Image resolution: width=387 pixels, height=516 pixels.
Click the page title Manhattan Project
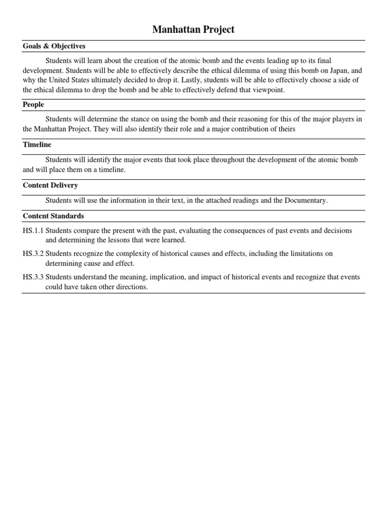193,30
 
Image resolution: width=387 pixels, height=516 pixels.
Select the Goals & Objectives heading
54,46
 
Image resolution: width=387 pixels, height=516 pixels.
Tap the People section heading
33,104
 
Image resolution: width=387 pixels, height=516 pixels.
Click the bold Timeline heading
37,145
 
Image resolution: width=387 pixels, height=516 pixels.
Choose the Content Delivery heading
50,185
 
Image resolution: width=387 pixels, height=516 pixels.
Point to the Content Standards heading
53,216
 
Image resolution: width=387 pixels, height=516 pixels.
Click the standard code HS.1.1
33,231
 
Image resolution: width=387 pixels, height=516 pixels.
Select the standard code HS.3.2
33,253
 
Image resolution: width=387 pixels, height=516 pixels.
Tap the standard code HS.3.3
33,278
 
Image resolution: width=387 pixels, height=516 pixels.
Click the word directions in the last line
131,287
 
